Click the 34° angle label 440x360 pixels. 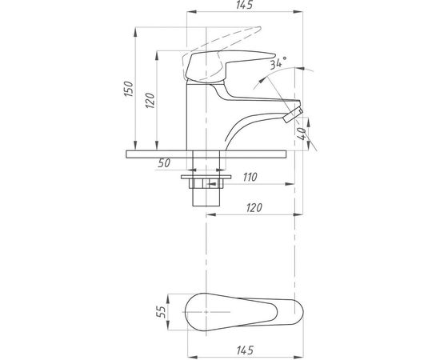pos(278,63)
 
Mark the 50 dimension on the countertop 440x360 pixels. pos(165,164)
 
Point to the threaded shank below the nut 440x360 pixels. pos(206,197)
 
